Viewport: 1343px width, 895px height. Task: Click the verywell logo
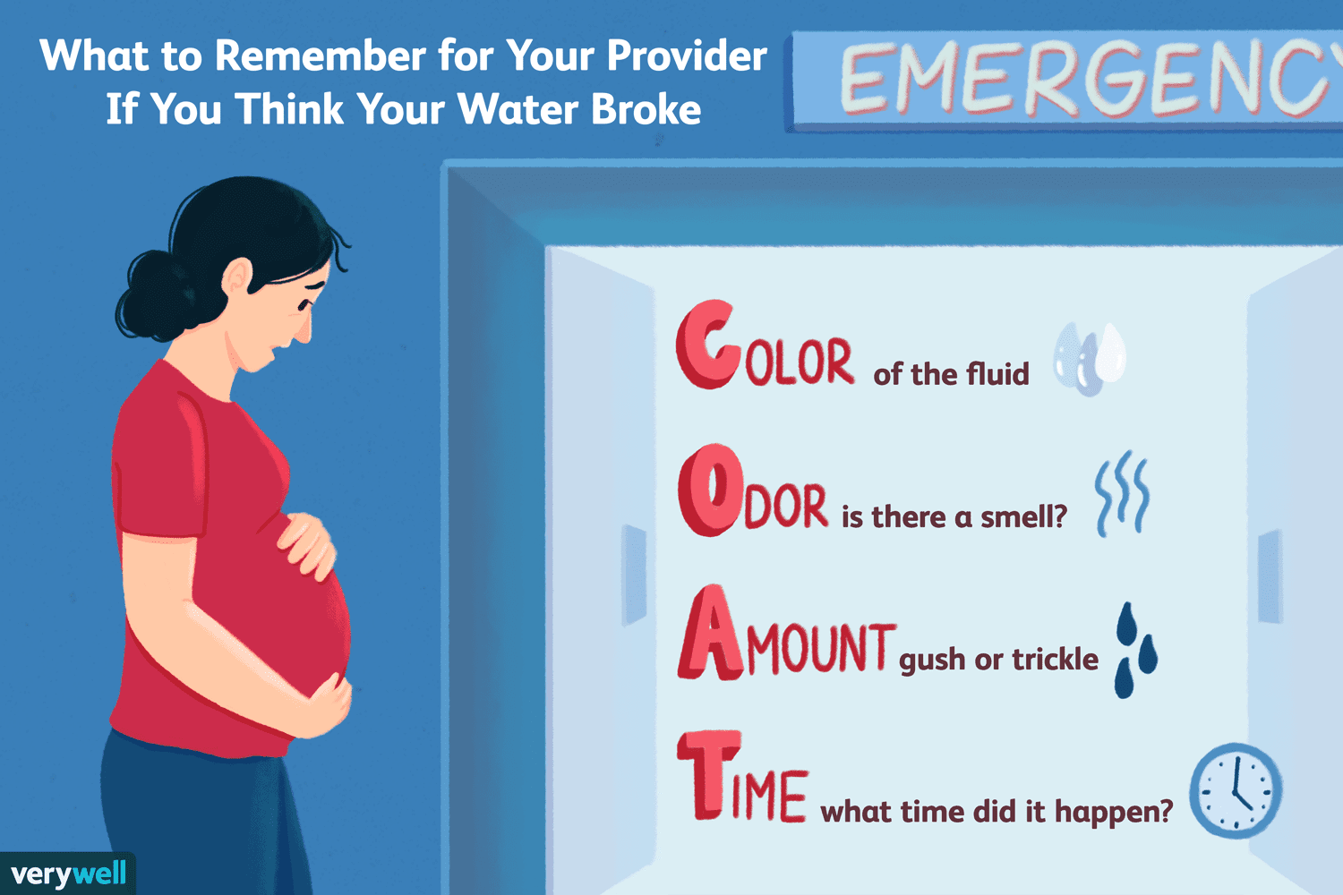(x=68, y=874)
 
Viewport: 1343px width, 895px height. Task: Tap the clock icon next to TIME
(x=1236, y=790)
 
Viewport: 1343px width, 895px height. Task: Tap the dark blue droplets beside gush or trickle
(x=1136, y=651)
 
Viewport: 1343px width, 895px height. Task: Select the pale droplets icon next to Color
(x=1090, y=359)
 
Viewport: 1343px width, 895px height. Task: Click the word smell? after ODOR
(x=1022, y=516)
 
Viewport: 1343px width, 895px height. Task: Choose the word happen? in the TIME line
(x=1114, y=813)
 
